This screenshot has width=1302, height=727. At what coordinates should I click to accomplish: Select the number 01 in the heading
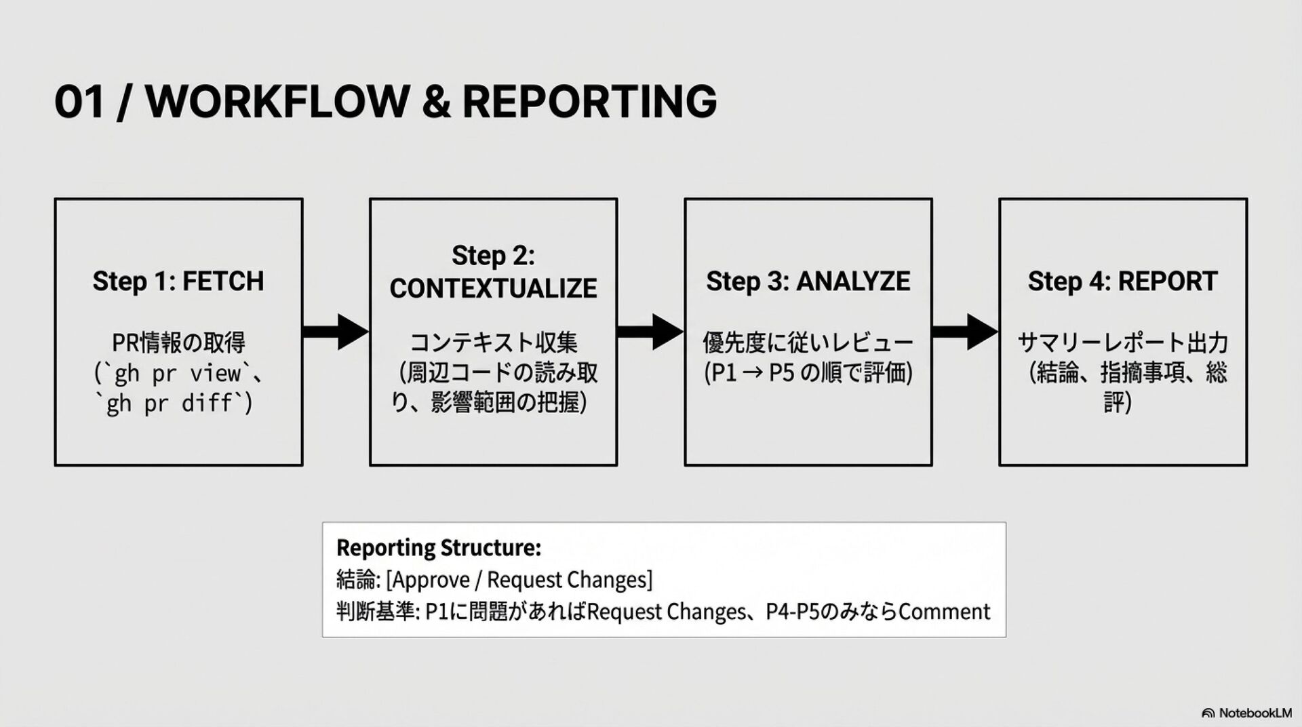79,102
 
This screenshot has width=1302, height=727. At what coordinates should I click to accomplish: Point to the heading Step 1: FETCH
178,281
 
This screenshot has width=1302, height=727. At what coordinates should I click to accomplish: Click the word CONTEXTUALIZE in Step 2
493,288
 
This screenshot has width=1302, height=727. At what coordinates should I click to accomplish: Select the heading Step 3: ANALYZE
808,281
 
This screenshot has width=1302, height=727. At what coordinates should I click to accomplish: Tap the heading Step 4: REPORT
1122,281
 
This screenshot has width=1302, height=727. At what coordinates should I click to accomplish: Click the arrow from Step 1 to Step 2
336,332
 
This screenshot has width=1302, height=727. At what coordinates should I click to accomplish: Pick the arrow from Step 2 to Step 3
650,332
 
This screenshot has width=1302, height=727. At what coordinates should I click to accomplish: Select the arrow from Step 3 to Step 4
965,332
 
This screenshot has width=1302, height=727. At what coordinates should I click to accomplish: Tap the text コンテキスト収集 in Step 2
493,343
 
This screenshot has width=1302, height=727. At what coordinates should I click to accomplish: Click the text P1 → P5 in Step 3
750,374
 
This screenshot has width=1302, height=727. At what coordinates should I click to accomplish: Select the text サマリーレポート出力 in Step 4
1122,343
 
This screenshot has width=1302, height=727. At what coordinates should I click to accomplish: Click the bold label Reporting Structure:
439,547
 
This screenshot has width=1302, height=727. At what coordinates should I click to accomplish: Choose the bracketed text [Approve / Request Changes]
519,580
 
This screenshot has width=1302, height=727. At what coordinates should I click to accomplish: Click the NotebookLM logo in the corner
1246,713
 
